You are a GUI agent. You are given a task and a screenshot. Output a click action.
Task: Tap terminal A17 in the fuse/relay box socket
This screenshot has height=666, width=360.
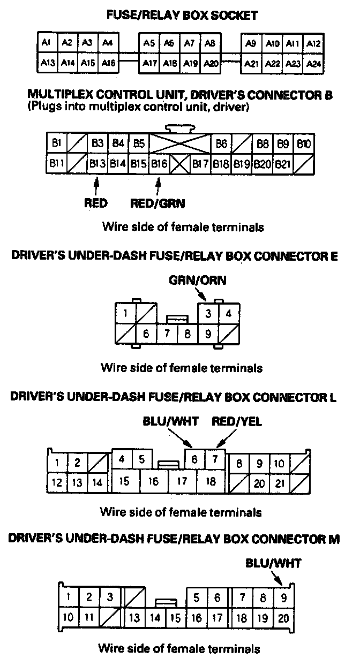click(149, 63)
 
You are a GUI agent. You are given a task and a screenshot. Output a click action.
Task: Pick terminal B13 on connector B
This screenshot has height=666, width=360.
click(97, 163)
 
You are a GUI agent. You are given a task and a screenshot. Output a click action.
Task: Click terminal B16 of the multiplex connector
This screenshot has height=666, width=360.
click(159, 163)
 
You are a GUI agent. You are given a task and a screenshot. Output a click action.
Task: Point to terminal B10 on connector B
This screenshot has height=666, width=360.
click(304, 144)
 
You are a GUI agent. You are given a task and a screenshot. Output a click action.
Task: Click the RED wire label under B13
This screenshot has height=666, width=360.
click(96, 203)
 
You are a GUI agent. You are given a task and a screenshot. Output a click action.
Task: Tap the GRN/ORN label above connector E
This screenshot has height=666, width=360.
click(198, 280)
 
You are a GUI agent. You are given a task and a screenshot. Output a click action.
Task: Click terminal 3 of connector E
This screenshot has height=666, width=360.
click(208, 313)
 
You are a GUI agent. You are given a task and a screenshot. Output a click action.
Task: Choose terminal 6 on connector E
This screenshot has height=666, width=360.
click(146, 334)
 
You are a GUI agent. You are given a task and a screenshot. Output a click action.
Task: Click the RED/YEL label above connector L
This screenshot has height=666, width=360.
click(237, 422)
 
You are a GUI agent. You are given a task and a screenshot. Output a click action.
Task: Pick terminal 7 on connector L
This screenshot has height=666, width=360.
click(215, 459)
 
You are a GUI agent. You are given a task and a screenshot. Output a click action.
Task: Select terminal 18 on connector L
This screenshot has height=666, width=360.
click(211, 481)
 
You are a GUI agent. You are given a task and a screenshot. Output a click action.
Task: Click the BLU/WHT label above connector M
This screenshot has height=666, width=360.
click(273, 563)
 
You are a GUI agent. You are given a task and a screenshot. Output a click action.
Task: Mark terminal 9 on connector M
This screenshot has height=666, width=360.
click(283, 597)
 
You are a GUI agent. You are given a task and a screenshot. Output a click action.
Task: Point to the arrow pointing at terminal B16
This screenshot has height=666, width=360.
click(157, 185)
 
